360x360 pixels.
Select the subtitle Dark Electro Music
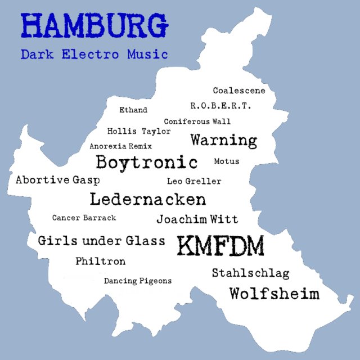(x=94, y=55)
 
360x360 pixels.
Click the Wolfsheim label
(x=274, y=293)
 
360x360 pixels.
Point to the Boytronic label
(x=147, y=163)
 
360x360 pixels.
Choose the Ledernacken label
(x=148, y=199)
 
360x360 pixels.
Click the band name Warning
(x=223, y=139)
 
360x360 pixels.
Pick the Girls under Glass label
(x=102, y=241)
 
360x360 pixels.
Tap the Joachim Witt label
(x=197, y=219)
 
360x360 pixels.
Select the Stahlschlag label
(x=250, y=273)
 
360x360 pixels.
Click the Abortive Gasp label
(x=58, y=181)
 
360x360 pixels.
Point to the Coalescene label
(x=239, y=90)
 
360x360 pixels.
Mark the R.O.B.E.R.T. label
(x=220, y=105)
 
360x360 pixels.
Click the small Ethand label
(x=133, y=110)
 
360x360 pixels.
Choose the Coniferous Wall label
(x=197, y=121)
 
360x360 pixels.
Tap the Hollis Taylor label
(x=138, y=131)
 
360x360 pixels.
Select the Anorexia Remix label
(x=121, y=146)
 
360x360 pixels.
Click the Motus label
(x=227, y=161)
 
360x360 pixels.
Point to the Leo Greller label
(x=194, y=181)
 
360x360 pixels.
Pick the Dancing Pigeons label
(x=138, y=281)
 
